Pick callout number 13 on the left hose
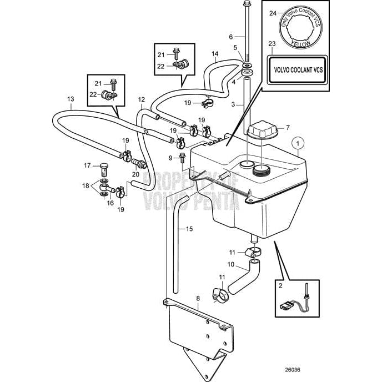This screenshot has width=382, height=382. pos(71,99)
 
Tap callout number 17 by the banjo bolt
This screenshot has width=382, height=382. pos(87,165)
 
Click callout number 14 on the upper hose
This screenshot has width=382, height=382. pos(214,54)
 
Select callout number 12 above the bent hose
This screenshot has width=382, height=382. pos(141,99)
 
